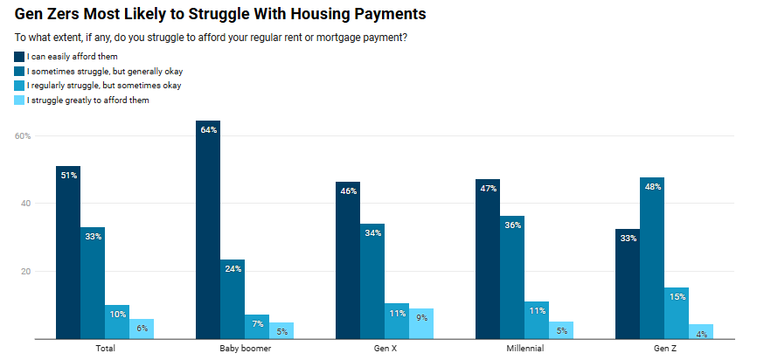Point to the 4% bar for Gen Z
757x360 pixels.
click(x=701, y=331)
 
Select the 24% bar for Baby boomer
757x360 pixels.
click(x=233, y=299)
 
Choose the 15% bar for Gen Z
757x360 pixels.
click(x=677, y=313)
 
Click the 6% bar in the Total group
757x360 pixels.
click(x=142, y=329)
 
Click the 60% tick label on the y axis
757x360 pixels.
click(x=23, y=136)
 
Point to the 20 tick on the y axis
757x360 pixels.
click(x=25, y=271)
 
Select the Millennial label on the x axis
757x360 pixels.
click(x=524, y=348)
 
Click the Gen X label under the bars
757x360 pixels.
click(x=385, y=348)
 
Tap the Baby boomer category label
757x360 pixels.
click(x=245, y=348)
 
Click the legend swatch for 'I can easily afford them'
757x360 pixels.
click(x=19, y=57)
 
